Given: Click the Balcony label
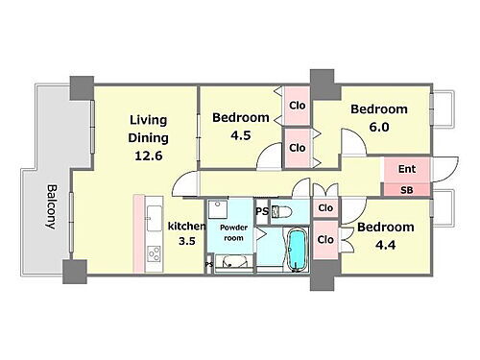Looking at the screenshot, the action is click(51, 206).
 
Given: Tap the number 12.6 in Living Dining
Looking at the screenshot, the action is click(149, 156).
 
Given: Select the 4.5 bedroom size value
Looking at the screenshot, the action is click(241, 135).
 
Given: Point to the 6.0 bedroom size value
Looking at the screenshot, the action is click(379, 127).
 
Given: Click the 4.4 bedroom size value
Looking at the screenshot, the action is click(386, 245).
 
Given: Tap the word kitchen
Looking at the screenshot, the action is click(186, 227).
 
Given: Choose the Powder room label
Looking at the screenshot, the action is click(233, 232).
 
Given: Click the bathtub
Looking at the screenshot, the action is click(298, 251).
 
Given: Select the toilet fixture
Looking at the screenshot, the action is click(281, 212).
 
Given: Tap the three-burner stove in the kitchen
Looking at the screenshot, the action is click(155, 253).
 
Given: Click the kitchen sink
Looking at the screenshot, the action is click(155, 218).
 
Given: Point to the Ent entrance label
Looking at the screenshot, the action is click(407, 169).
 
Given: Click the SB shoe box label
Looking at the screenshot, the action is click(407, 190).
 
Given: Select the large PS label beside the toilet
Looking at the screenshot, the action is click(262, 211).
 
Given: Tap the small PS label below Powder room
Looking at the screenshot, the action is click(209, 265).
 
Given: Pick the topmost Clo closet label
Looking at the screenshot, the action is click(298, 106).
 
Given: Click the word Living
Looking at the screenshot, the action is click(148, 121).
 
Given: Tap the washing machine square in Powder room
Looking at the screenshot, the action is click(218, 209).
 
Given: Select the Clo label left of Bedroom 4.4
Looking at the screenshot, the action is click(325, 240).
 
